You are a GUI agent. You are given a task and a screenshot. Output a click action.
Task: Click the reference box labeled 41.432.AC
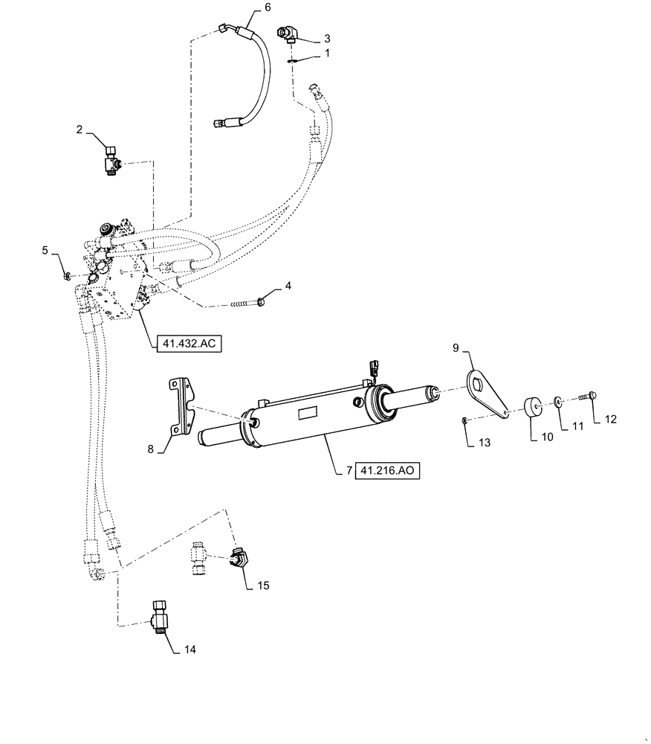point(190,344)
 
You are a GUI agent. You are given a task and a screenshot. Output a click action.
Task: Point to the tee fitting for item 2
point(112,158)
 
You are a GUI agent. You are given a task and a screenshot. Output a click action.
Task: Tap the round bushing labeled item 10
point(533,408)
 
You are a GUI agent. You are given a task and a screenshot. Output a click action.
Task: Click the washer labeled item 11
point(558,403)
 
